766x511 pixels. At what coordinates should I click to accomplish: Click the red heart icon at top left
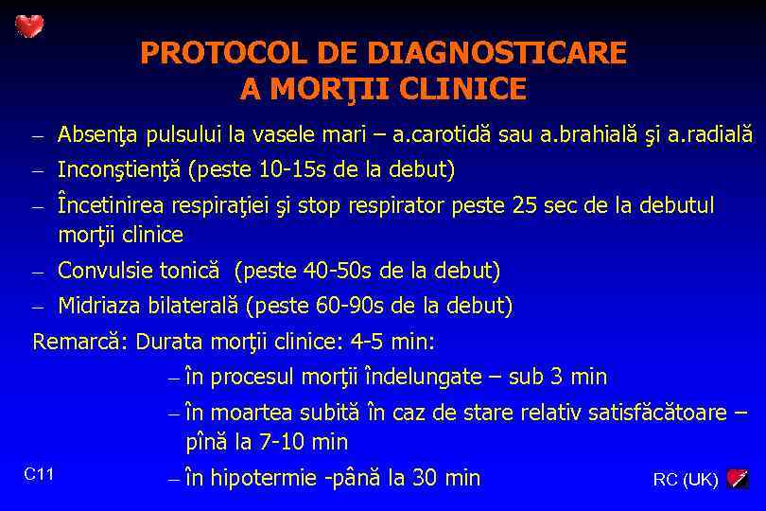point(29,26)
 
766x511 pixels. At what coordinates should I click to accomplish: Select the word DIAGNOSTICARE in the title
point(496,53)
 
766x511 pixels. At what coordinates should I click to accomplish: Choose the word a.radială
point(710,135)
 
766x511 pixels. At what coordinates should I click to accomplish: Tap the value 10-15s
point(290,170)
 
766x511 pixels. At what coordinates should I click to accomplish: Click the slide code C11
point(39,474)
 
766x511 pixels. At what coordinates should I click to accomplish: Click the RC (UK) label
point(686,480)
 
